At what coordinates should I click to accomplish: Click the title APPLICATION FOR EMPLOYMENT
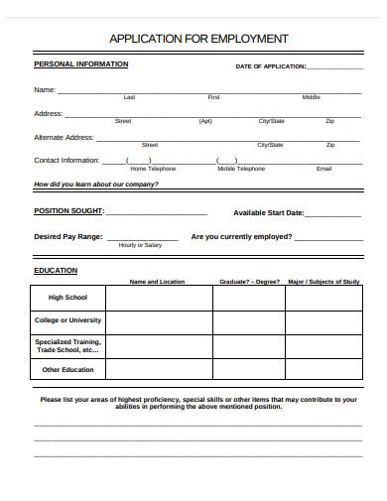coord(198,39)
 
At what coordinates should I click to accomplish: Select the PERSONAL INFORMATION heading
coord(80,64)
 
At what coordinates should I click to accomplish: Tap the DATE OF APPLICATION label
coord(270,67)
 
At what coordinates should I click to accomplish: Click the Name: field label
coord(45,90)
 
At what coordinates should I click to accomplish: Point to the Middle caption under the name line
coord(311,98)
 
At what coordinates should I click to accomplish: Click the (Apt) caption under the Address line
coord(205,121)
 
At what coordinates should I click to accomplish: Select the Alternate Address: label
coord(64,137)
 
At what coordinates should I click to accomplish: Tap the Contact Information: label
coord(66,160)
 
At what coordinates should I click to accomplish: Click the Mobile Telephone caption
coord(241,169)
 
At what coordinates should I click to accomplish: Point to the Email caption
coord(323,169)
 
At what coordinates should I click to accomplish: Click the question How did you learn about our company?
coord(96,185)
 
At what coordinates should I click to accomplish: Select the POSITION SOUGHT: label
coord(68,211)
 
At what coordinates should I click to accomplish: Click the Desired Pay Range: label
coord(67,237)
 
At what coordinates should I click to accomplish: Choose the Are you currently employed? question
coord(241,237)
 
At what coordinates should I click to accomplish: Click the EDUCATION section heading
coord(56,270)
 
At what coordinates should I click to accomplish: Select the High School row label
coord(68,297)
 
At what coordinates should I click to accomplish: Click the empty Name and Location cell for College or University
coord(158,320)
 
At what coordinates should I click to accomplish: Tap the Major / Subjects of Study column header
coord(323,282)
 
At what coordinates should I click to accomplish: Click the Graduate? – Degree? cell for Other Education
coord(248,370)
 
